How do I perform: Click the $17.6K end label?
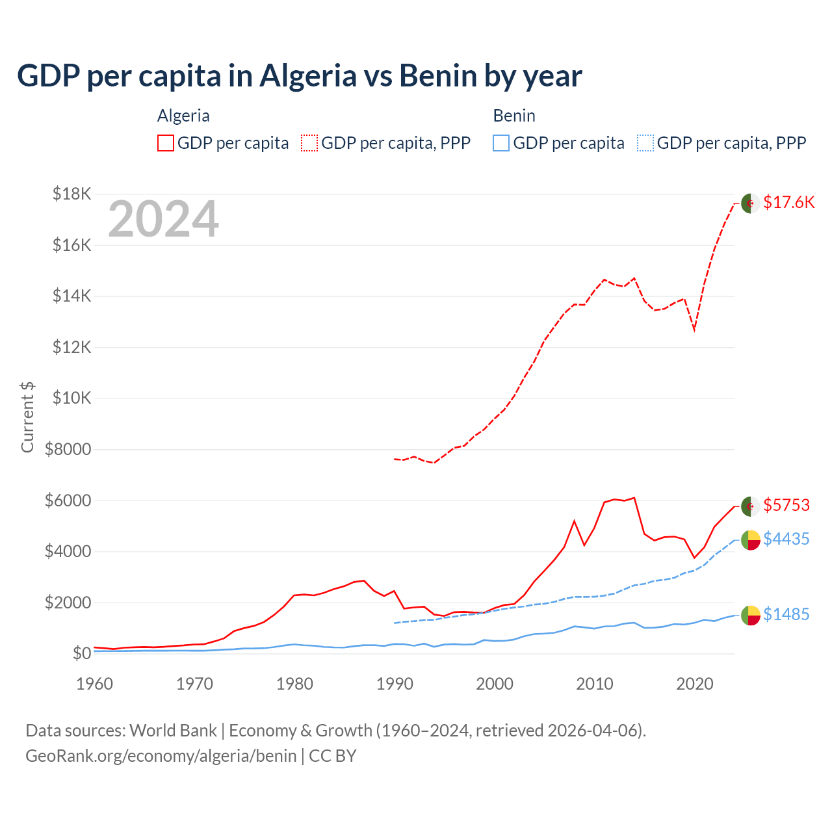[x=788, y=202]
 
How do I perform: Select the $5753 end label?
[x=786, y=505]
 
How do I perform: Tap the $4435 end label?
[x=786, y=539]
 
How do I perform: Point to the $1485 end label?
[x=786, y=614]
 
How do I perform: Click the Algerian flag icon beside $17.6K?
[x=751, y=203]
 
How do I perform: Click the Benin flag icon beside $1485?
[x=751, y=615]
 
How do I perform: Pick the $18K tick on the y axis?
[x=72, y=194]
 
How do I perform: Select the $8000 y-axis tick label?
[x=68, y=449]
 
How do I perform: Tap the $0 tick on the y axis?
[x=81, y=653]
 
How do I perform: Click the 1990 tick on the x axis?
[x=395, y=684]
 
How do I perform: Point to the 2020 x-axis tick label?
[x=695, y=684]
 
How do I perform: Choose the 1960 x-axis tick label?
[x=95, y=684]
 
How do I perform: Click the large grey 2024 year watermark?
[x=163, y=219]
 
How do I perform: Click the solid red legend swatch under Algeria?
[x=166, y=143]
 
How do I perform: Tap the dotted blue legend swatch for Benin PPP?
[x=645, y=143]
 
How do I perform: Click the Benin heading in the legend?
[x=514, y=116]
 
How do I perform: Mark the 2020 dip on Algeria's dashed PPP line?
[x=694, y=330]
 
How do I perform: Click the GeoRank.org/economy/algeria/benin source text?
[x=161, y=756]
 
